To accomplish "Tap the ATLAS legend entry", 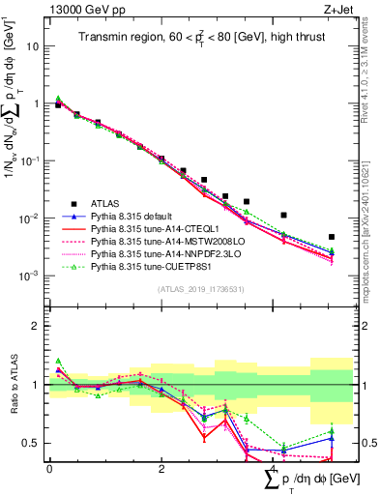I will [106, 203].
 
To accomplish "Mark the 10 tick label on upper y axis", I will [32, 46].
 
